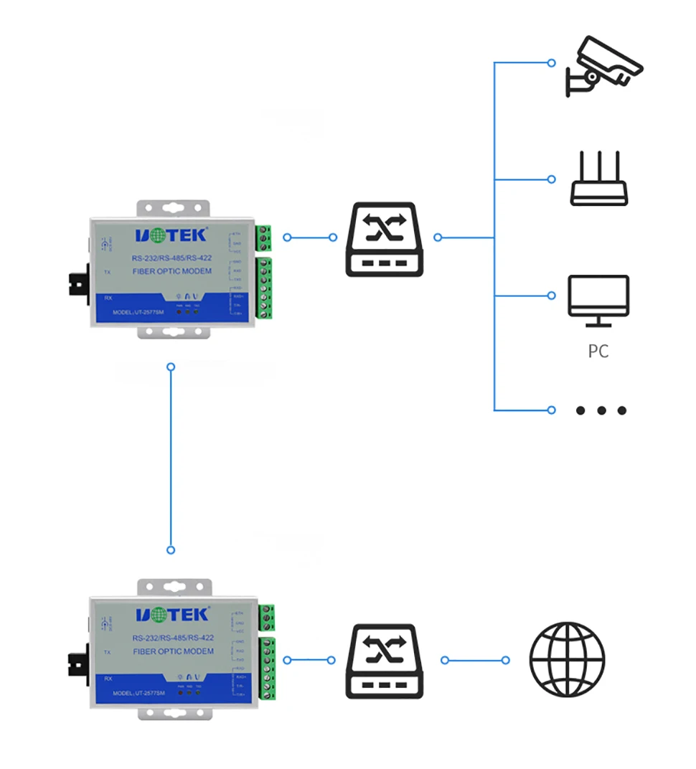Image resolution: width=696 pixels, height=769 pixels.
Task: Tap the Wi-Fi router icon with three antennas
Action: click(x=598, y=179)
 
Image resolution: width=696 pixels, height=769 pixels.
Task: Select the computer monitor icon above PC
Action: click(x=598, y=297)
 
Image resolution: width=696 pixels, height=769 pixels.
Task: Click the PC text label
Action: click(x=598, y=352)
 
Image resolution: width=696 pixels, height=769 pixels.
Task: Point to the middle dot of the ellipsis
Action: click(x=601, y=410)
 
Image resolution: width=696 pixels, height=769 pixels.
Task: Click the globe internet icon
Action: click(x=567, y=660)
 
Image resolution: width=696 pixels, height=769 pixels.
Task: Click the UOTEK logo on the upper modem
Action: click(x=171, y=235)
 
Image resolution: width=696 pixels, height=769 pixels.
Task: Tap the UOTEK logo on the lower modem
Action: click(x=171, y=614)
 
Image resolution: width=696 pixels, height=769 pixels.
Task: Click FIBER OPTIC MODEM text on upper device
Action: click(x=172, y=271)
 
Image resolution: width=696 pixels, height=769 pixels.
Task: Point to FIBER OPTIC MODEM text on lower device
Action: click(x=173, y=651)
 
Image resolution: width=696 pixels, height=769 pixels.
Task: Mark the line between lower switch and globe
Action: click(x=475, y=660)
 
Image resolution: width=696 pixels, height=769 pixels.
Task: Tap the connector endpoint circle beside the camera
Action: click(x=551, y=63)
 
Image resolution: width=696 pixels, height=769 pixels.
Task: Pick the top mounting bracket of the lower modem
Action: click(x=174, y=588)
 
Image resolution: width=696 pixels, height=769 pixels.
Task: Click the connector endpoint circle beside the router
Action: click(x=551, y=179)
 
